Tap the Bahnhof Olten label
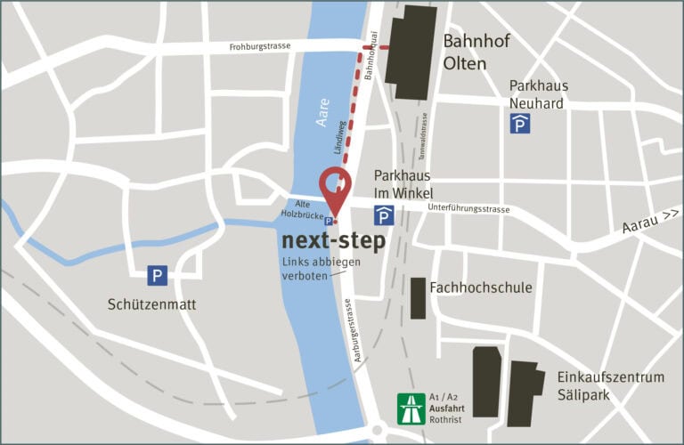[476, 52]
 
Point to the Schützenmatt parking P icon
[158, 276]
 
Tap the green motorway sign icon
[410, 409]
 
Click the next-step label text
[334, 240]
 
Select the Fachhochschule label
[480, 287]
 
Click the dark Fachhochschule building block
[418, 298]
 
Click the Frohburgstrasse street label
[259, 46]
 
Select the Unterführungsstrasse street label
[468, 209]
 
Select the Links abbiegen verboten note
[311, 269]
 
